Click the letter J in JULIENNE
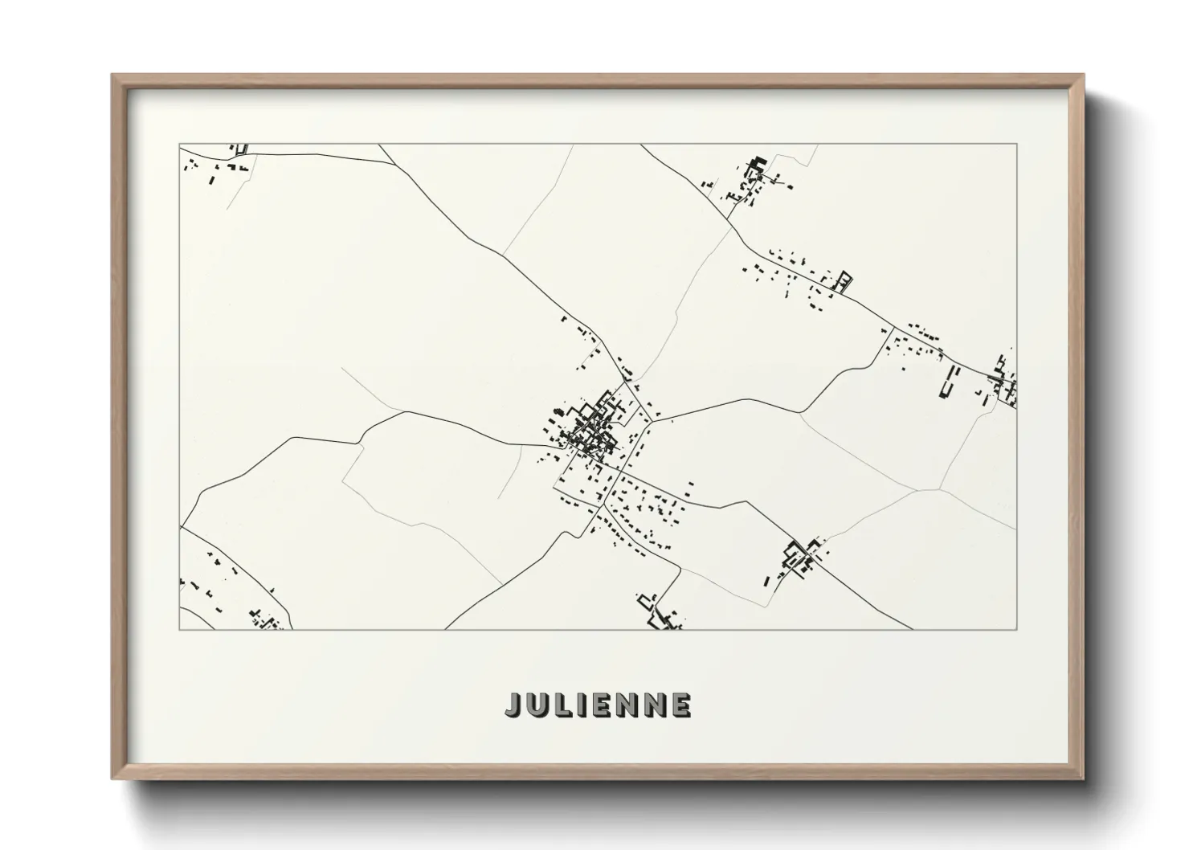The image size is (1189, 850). pyautogui.click(x=514, y=705)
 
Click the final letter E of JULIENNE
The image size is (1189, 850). pyautogui.click(x=681, y=705)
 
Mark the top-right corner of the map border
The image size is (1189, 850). pyautogui.click(x=1017, y=144)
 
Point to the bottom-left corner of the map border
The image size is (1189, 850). pyautogui.click(x=180, y=629)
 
